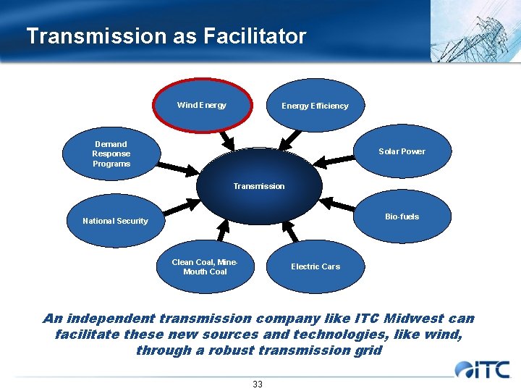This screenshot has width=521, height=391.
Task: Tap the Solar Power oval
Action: click(x=402, y=151)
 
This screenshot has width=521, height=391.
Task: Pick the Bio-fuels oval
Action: click(x=402, y=216)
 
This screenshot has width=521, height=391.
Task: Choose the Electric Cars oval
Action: click(x=315, y=266)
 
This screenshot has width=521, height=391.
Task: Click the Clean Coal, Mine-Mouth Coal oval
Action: click(x=205, y=266)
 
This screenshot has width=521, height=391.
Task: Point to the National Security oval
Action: click(x=115, y=221)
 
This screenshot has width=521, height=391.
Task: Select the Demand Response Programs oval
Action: click(x=111, y=154)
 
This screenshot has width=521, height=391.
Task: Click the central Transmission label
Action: click(x=259, y=186)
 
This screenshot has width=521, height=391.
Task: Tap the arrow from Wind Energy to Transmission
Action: click(x=226, y=138)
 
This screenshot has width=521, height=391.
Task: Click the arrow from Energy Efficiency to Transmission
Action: click(x=291, y=138)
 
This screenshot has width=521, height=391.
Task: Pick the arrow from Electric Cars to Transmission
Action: click(x=289, y=231)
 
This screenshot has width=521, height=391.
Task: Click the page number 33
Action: click(x=258, y=384)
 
